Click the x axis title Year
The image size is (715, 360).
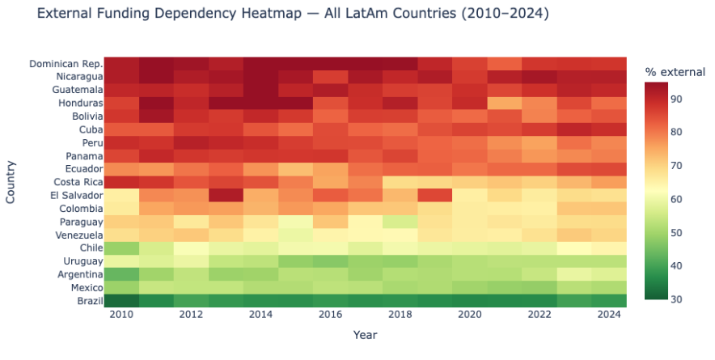tap(365, 334)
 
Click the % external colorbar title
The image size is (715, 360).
tap(675, 73)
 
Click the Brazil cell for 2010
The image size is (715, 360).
tap(121, 301)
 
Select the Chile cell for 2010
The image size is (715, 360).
tap(121, 248)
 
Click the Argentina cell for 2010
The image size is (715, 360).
tap(121, 275)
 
